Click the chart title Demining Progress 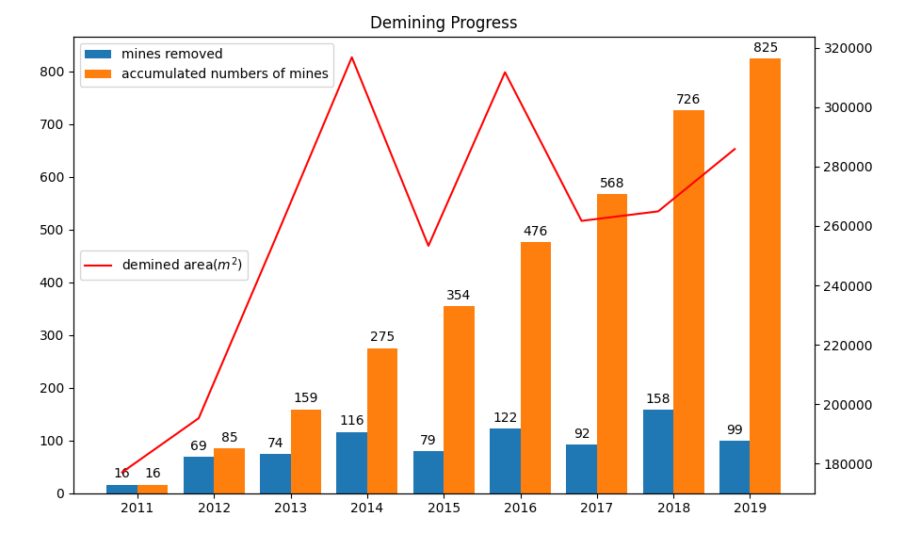444,24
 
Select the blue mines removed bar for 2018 658,451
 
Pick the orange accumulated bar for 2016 535,367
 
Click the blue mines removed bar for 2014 351,462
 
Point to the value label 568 612,184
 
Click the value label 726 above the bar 688,100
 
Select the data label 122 505,418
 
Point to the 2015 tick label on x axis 444,509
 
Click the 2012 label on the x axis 214,509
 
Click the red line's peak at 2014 352,57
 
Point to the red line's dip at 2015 428,246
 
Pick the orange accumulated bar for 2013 306,451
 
